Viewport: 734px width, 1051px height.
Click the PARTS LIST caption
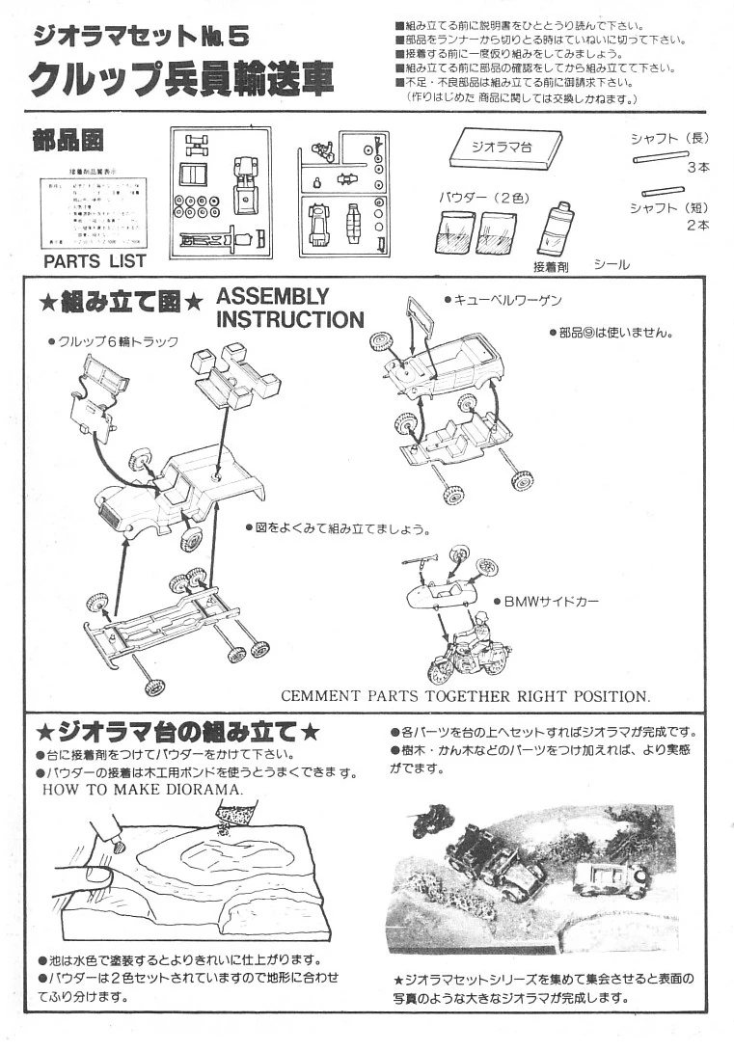95,260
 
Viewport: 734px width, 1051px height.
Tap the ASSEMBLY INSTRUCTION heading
289,308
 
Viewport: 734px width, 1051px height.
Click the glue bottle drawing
554,229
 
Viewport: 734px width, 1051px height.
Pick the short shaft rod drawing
663,191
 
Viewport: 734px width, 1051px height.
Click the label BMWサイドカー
551,601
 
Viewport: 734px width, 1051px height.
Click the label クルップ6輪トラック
114,341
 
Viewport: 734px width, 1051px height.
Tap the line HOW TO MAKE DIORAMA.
143,788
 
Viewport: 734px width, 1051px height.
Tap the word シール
612,263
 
